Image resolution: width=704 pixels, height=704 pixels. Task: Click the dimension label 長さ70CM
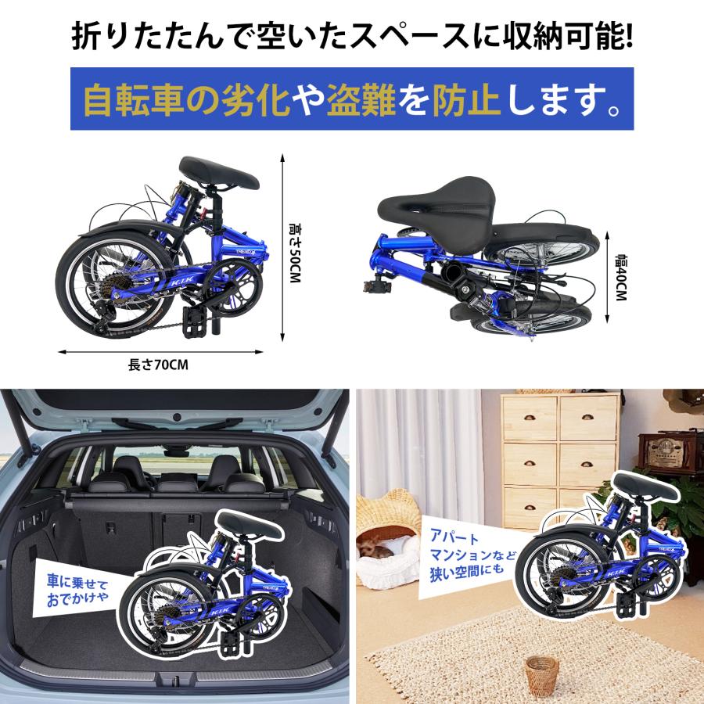click(x=159, y=365)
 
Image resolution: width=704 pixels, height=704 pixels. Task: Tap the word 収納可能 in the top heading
click(x=553, y=38)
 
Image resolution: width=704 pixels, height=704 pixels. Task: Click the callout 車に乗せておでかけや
click(x=77, y=584)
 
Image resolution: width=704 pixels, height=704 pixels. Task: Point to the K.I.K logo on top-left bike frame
click(x=178, y=281)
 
